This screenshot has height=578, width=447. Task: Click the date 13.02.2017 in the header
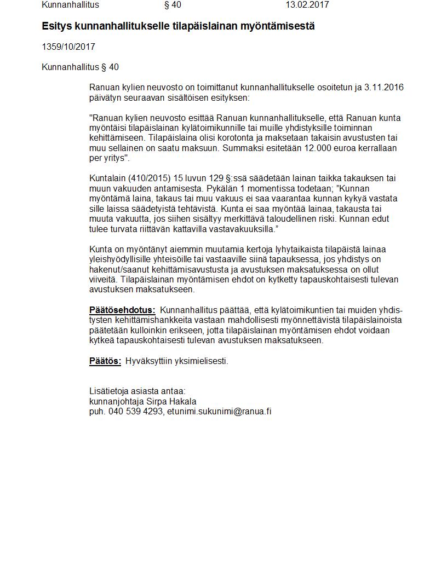307,5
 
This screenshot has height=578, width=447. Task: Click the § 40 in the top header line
173,5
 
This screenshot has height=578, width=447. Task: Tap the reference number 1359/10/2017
68,47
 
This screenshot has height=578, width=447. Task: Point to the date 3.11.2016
384,88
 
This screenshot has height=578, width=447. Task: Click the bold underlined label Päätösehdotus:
122,310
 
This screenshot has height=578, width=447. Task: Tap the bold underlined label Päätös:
105,361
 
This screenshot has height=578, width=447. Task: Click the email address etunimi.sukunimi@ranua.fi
219,412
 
